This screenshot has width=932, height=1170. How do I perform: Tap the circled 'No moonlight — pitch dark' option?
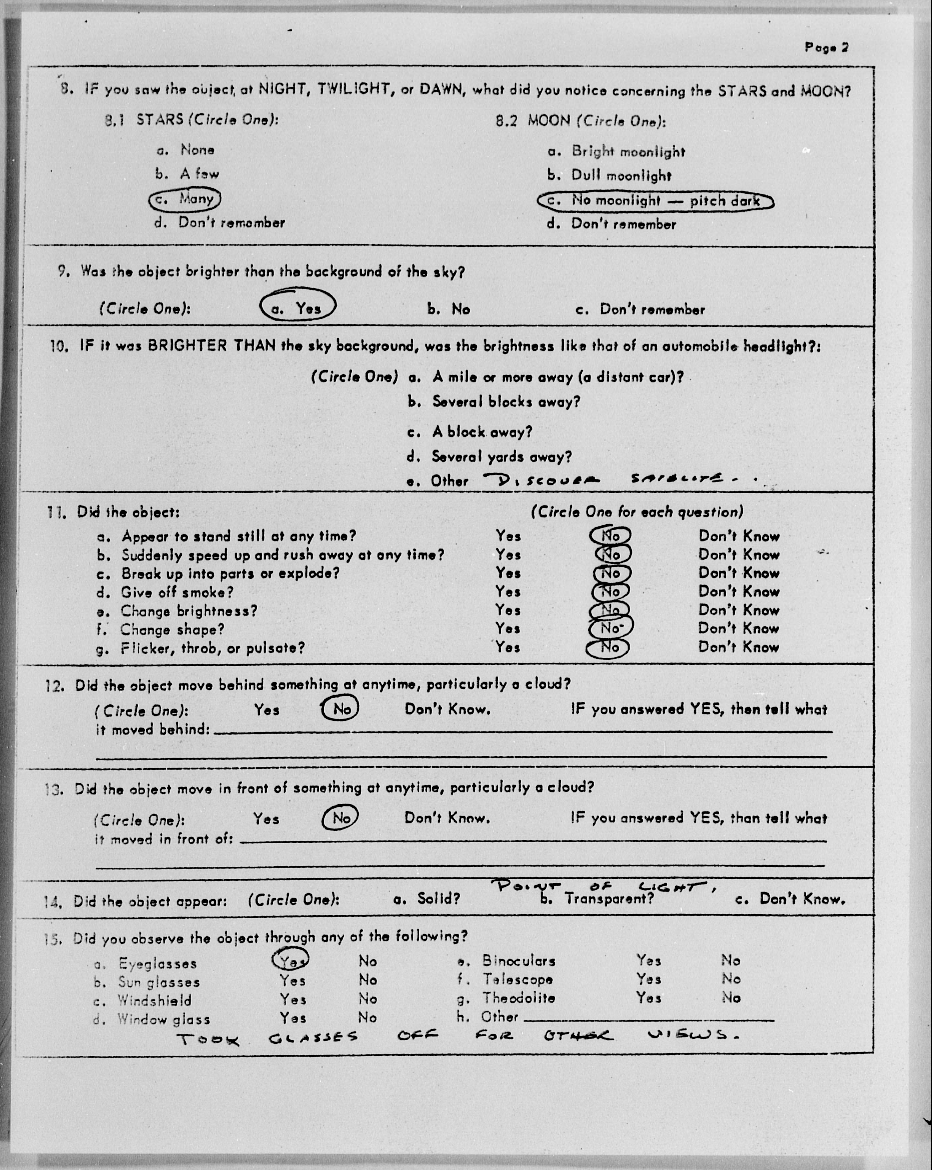655,201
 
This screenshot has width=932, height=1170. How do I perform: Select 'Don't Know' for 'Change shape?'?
738,628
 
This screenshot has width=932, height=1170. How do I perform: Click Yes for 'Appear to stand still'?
508,536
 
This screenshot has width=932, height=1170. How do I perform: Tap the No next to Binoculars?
731,960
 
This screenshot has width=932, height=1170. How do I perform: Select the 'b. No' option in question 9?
448,309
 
